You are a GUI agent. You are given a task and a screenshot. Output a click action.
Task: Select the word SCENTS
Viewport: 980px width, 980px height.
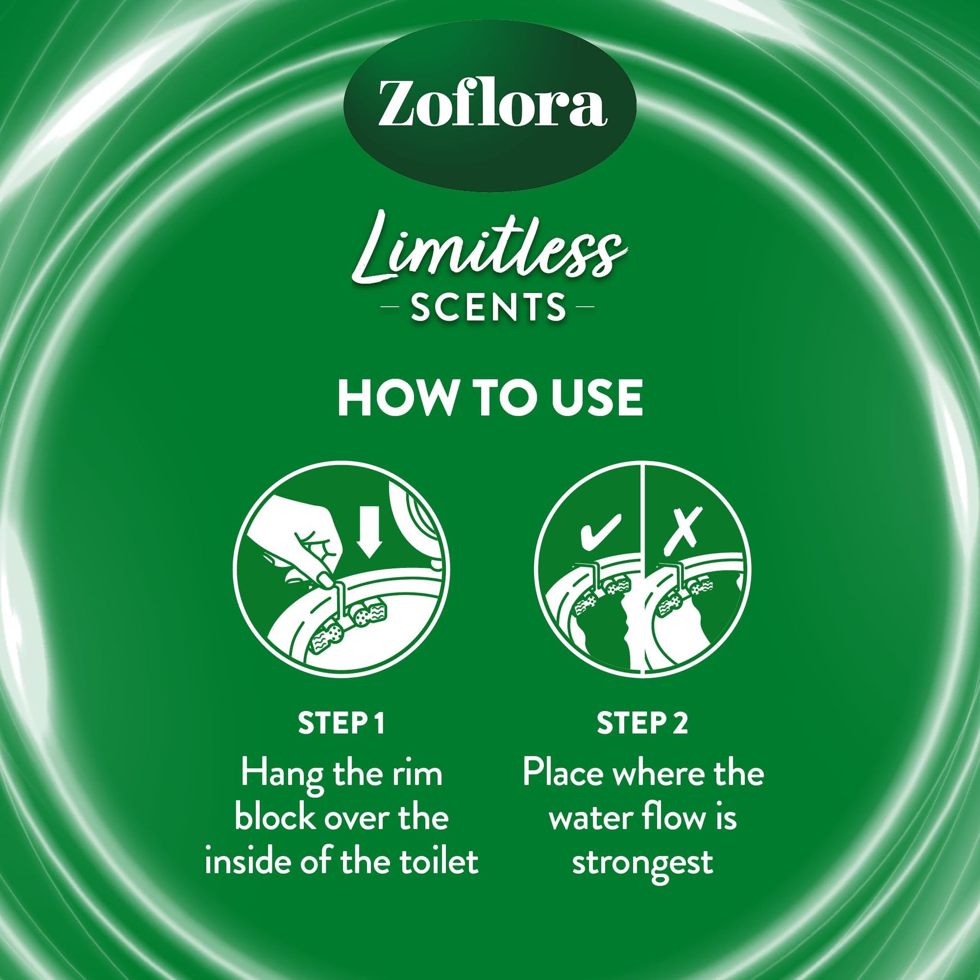[489, 307]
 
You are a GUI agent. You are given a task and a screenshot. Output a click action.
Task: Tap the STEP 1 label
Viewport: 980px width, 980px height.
[341, 723]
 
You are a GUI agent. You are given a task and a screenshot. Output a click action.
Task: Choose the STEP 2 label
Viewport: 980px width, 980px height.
[642, 723]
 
